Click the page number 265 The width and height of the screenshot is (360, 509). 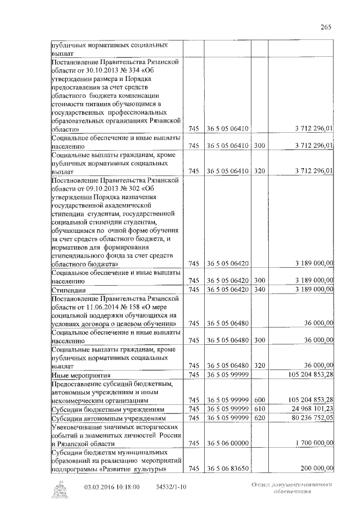(x=326, y=26)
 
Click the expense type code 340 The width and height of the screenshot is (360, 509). (x=259, y=289)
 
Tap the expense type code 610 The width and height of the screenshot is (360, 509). (x=259, y=409)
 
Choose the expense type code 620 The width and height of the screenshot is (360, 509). (x=259, y=418)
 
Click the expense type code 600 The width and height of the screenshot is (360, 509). (x=259, y=399)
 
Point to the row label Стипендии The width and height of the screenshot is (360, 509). (x=66, y=290)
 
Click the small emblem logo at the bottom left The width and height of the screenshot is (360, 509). (x=57, y=490)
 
